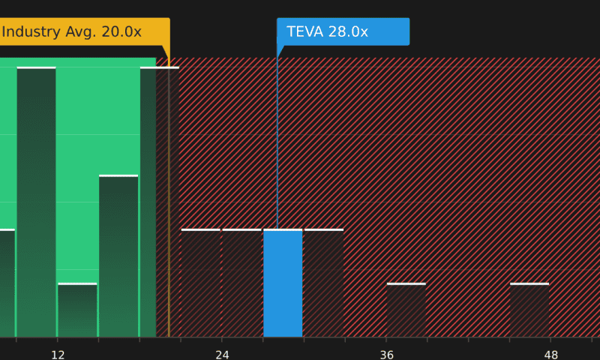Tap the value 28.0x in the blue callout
coord(348,31)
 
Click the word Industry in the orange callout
coord(29,31)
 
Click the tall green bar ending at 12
coord(36,202)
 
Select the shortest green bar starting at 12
coord(77,310)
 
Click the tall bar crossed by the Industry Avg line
coord(154,202)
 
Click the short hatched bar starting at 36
coord(406,310)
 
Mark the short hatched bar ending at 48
coord(529,310)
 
